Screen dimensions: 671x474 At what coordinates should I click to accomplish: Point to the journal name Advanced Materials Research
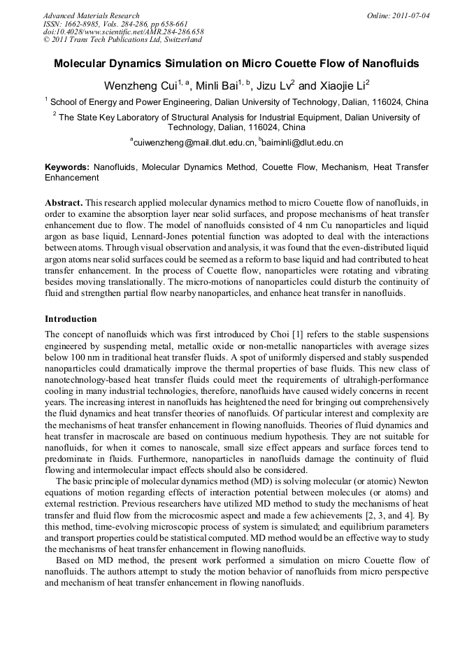(x=91, y=15)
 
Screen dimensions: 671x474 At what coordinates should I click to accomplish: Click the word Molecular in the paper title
(x=82, y=64)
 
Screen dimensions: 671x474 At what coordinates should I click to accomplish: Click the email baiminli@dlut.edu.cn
(x=302, y=143)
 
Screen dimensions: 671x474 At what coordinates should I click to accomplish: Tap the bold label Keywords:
(x=67, y=168)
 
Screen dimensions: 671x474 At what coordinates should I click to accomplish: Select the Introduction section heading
(x=71, y=319)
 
